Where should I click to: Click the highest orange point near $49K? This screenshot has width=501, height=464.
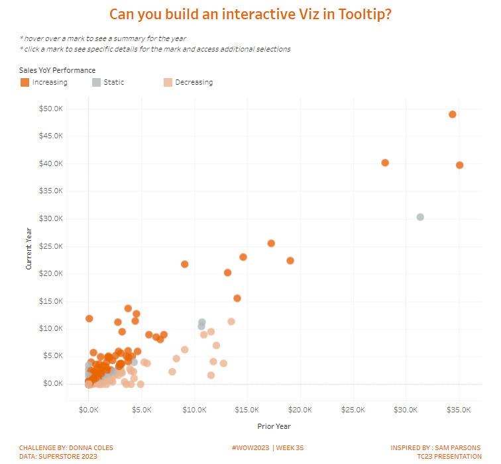453,115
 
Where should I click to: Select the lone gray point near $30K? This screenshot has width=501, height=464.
420,217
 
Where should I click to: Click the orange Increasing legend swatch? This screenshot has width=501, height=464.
25,82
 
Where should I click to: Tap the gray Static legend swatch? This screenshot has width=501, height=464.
96,82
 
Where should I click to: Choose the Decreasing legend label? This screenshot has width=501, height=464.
194,82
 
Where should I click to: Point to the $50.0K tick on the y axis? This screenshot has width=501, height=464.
52,109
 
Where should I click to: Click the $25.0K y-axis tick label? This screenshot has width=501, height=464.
52,246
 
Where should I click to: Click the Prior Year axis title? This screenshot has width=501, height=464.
274,426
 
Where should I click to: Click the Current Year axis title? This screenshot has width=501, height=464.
29,246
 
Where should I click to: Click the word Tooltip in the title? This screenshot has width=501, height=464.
359,15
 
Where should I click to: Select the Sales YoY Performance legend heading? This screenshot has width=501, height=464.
58,70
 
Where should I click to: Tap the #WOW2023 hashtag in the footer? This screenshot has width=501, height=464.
249,448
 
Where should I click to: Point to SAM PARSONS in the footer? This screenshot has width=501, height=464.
458,448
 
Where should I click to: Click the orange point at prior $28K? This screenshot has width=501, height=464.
385,163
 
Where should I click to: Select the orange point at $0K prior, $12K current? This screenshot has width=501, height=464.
89,318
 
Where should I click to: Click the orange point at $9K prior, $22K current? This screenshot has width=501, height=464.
185,264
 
